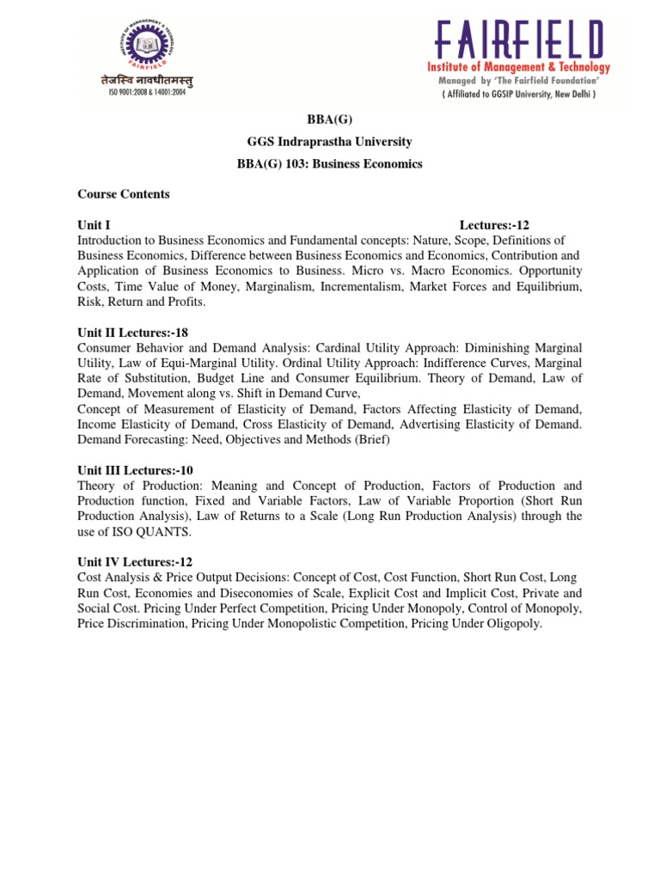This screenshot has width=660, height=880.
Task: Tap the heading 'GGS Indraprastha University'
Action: pyautogui.click(x=330, y=142)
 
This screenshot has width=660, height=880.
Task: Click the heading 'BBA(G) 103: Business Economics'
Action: pyautogui.click(x=330, y=164)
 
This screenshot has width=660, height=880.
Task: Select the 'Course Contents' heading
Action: pyautogui.click(x=124, y=194)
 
